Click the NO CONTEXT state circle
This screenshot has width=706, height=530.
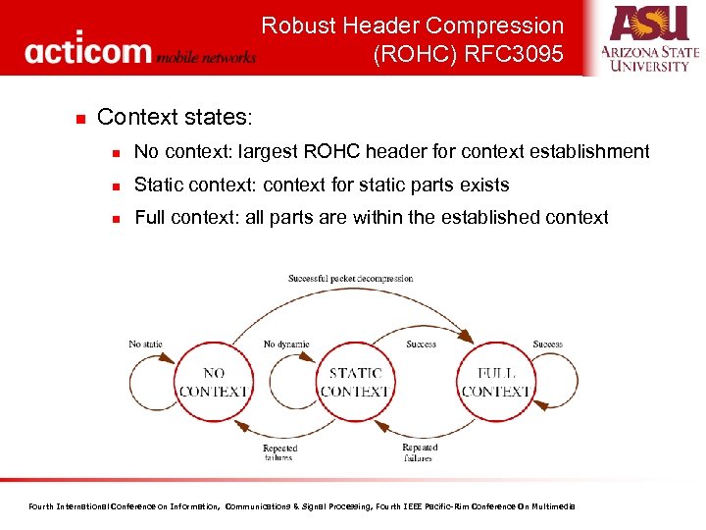pyautogui.click(x=214, y=382)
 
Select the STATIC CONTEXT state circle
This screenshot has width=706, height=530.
pyautogui.click(x=355, y=382)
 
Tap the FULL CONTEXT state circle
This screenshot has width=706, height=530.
pyautogui.click(x=496, y=382)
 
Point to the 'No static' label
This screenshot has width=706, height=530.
pyautogui.click(x=146, y=344)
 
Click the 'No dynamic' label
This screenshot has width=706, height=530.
pyautogui.click(x=286, y=344)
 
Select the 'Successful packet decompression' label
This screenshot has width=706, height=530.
pyautogui.click(x=350, y=279)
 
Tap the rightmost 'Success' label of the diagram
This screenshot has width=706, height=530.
pyautogui.click(x=547, y=344)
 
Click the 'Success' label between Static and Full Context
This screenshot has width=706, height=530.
pyautogui.click(x=421, y=344)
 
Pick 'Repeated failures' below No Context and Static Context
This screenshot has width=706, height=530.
pyautogui.click(x=279, y=452)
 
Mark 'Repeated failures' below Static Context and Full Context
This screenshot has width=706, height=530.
pyautogui.click(x=419, y=452)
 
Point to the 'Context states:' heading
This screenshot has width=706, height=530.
pyautogui.click(x=175, y=118)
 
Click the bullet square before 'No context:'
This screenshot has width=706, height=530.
pyautogui.click(x=116, y=153)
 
